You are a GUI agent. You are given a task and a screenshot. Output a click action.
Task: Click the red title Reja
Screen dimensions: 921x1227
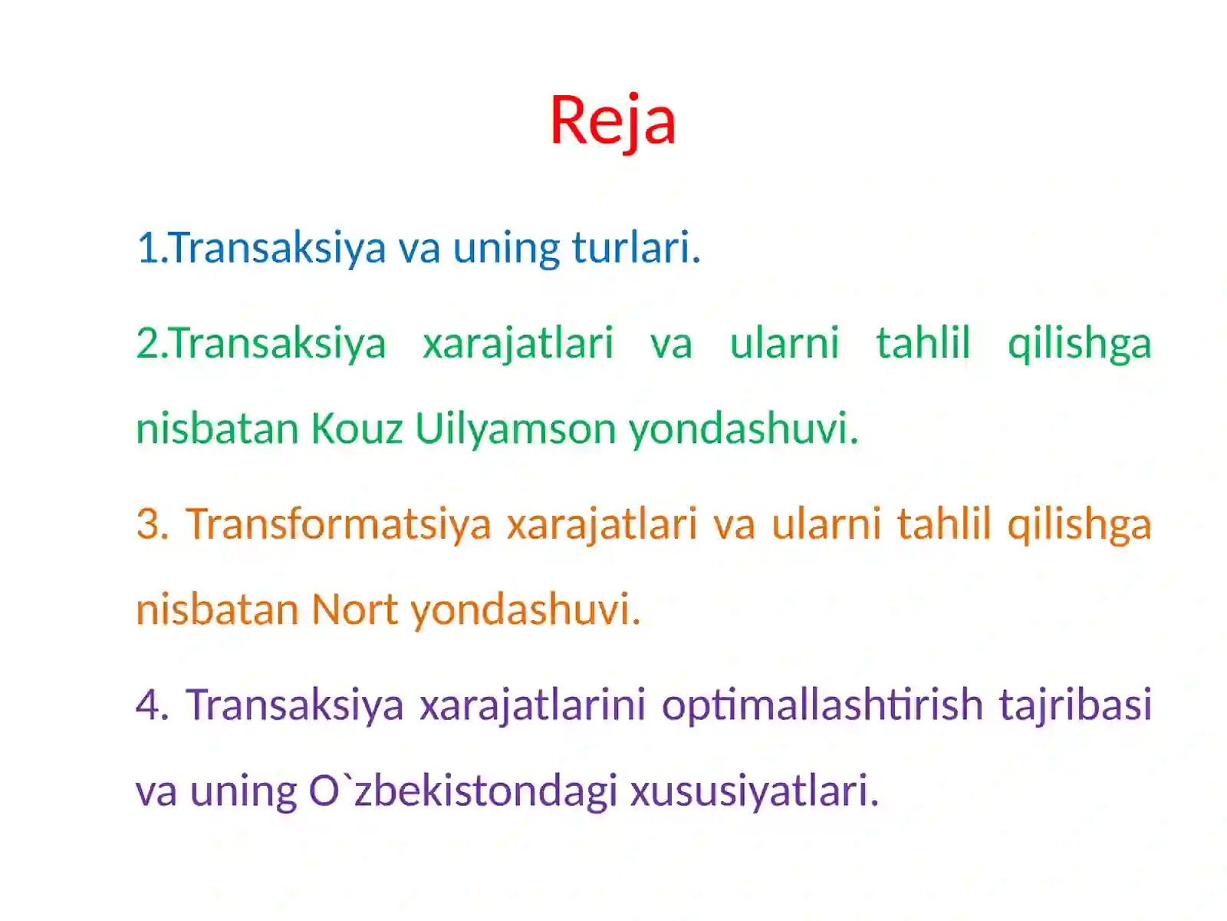(x=613, y=120)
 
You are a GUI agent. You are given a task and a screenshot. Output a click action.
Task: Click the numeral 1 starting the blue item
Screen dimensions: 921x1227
(x=146, y=248)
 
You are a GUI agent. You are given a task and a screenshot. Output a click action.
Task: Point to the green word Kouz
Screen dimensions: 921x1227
(x=357, y=428)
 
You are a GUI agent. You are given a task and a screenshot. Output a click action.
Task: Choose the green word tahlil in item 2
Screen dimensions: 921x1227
(x=923, y=342)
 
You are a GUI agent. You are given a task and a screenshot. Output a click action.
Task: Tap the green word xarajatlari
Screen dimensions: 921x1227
(x=518, y=344)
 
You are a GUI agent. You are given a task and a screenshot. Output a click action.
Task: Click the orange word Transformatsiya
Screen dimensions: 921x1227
(x=338, y=524)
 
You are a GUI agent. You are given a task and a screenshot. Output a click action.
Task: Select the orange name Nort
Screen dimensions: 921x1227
(x=354, y=609)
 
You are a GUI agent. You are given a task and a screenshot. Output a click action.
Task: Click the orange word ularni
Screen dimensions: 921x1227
(x=826, y=524)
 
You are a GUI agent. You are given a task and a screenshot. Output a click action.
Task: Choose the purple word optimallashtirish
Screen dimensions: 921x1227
(x=822, y=705)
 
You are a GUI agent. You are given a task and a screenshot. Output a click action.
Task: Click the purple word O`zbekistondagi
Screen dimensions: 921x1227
(x=462, y=791)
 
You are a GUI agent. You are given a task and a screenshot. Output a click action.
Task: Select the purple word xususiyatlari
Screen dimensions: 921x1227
(x=754, y=791)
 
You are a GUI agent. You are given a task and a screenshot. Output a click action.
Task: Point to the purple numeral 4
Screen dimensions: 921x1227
(x=150, y=705)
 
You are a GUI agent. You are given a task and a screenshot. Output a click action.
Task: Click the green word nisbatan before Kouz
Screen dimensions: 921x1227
(x=217, y=428)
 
